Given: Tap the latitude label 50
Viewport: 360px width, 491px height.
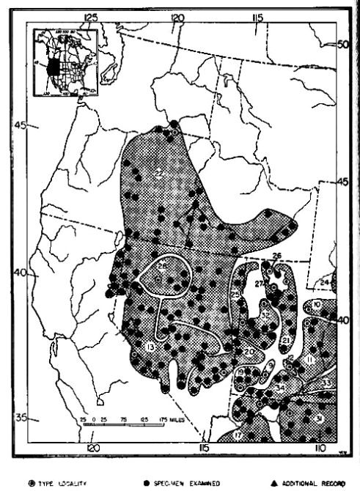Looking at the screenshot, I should point(345,45).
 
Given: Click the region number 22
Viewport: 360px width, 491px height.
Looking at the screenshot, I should point(159,173).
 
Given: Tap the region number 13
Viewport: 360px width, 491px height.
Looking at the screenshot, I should point(150,347).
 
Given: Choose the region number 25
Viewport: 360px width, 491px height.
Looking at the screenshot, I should point(235,295).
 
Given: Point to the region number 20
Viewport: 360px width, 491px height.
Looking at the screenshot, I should point(249,352).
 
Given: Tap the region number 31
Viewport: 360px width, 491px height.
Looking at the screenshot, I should point(319,418).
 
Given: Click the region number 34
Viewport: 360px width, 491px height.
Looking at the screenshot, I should point(281,388).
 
